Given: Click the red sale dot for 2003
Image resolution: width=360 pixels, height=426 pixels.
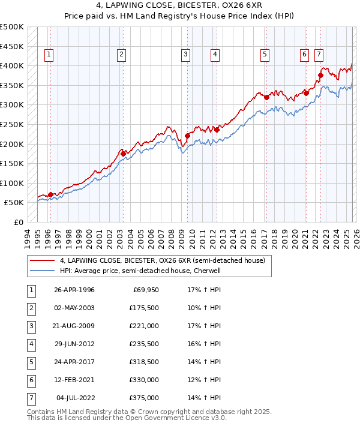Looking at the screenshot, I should [x=123, y=154].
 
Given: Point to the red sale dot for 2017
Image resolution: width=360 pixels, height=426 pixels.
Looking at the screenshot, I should [x=266, y=97].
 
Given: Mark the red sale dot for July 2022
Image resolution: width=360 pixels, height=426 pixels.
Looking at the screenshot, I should [x=320, y=75].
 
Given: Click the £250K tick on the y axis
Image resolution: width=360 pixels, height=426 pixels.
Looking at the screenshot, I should [x=12, y=124].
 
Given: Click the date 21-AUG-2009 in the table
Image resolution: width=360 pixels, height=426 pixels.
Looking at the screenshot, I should [x=74, y=326].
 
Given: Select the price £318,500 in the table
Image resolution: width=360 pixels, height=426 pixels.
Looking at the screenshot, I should [x=144, y=362].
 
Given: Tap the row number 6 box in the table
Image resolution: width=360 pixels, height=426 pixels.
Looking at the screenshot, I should [x=30, y=380].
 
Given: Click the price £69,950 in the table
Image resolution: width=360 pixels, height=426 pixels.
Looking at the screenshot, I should [x=146, y=290].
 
